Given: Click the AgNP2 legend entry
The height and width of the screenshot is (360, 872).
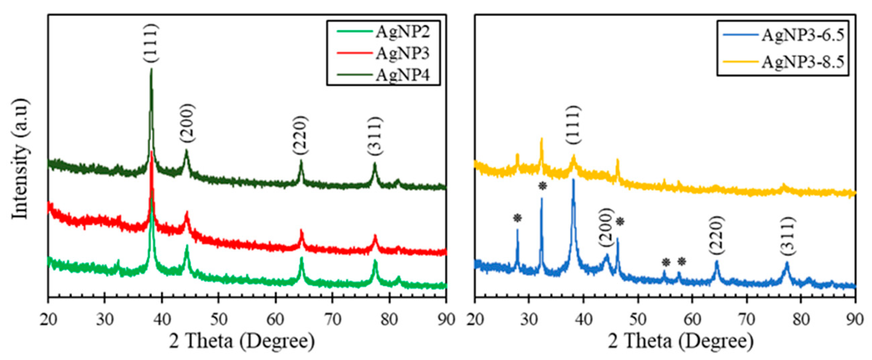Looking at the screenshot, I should click(402, 32).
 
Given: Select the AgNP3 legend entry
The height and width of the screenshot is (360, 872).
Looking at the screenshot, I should click(402, 53).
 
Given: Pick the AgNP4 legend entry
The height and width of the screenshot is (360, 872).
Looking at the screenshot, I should click(402, 75).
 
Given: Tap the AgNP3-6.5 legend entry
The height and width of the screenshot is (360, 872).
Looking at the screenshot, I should click(802, 35).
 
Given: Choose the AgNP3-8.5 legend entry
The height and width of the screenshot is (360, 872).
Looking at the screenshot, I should click(802, 62).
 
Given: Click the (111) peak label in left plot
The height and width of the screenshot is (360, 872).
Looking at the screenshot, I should click(151, 43).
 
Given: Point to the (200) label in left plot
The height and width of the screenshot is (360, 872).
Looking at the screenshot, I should click(187, 123).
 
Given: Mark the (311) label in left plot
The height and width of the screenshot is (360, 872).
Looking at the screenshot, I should click(375, 136).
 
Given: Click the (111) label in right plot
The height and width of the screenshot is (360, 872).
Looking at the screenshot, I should click(574, 125).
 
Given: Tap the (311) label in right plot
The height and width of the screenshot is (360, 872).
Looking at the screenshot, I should click(788, 235).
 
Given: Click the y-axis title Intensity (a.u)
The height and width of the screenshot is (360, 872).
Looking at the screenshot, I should click(20, 159).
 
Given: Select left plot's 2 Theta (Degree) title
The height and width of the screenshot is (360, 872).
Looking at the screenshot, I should click(242, 341).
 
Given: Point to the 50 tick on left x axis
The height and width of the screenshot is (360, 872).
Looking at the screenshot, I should click(218, 319).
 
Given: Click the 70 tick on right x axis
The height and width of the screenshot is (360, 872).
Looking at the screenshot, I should click(746, 319).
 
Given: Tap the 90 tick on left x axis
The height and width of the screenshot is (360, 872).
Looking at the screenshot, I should click(446, 319).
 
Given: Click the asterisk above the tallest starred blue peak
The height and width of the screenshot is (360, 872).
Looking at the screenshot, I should click(542, 186).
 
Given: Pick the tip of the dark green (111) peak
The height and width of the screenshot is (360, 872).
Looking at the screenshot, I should click(151, 69).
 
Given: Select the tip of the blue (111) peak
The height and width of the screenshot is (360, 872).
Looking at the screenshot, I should click(573, 180).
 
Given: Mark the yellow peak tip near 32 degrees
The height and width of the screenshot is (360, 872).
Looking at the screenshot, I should click(541, 139).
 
